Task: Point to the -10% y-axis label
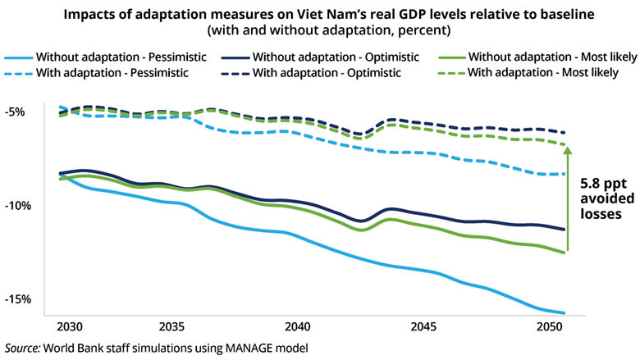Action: coord(18,205)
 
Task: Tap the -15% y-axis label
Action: coord(18,298)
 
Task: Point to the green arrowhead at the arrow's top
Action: coord(566,147)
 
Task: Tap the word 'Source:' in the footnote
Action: coord(25,348)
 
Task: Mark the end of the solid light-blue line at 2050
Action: coord(565,313)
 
